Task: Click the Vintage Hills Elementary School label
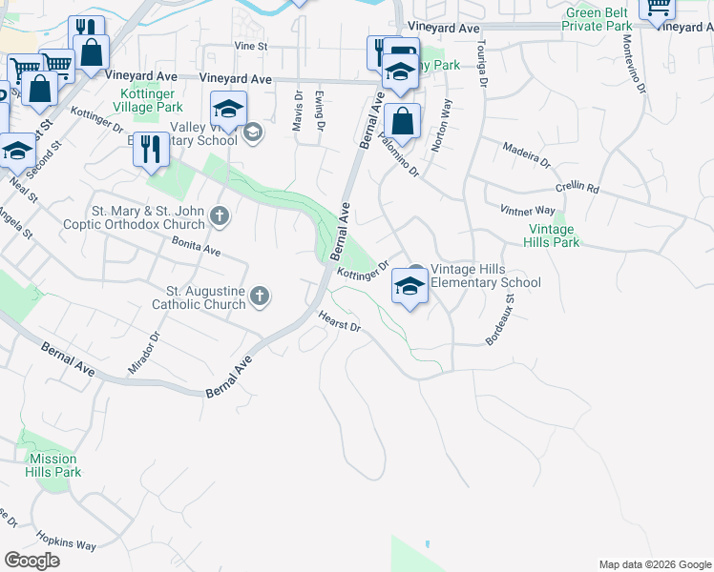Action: tap(486, 276)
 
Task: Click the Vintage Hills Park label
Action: tap(552, 235)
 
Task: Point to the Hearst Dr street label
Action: tap(340, 322)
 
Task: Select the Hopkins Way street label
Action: tap(67, 540)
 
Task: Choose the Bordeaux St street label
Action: tap(499, 319)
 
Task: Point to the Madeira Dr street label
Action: tap(527, 154)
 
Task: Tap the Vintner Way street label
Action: tap(527, 210)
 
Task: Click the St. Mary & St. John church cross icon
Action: tap(220, 216)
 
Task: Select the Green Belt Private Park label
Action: tap(598, 19)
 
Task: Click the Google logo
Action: tap(32, 561)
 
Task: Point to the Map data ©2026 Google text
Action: tap(654, 564)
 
